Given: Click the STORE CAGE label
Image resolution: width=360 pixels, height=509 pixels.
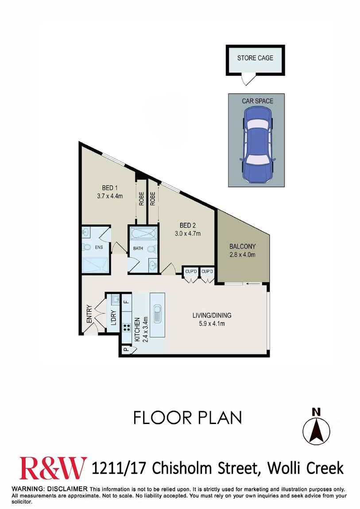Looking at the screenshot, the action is (x=255, y=58).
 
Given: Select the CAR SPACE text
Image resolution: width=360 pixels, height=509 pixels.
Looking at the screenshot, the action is (x=257, y=101).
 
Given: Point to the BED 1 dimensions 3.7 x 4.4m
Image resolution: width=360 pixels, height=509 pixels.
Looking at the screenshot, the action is (x=110, y=196).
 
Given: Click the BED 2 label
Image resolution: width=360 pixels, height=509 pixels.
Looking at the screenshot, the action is (x=188, y=225).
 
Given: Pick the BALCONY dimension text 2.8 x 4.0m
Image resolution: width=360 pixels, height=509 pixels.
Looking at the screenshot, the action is (x=242, y=254).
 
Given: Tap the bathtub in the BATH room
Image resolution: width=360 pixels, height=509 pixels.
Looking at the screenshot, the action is (x=144, y=233).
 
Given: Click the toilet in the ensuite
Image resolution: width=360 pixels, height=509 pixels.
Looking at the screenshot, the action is (x=86, y=247).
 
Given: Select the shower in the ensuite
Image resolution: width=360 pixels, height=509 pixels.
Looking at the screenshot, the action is (x=95, y=265).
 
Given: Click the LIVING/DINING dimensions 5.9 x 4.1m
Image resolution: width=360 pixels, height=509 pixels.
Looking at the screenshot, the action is (x=212, y=323).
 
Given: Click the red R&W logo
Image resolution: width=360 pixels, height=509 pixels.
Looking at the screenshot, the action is (x=53, y=468).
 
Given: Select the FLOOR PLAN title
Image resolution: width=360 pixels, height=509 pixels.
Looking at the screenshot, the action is (x=188, y=418).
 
